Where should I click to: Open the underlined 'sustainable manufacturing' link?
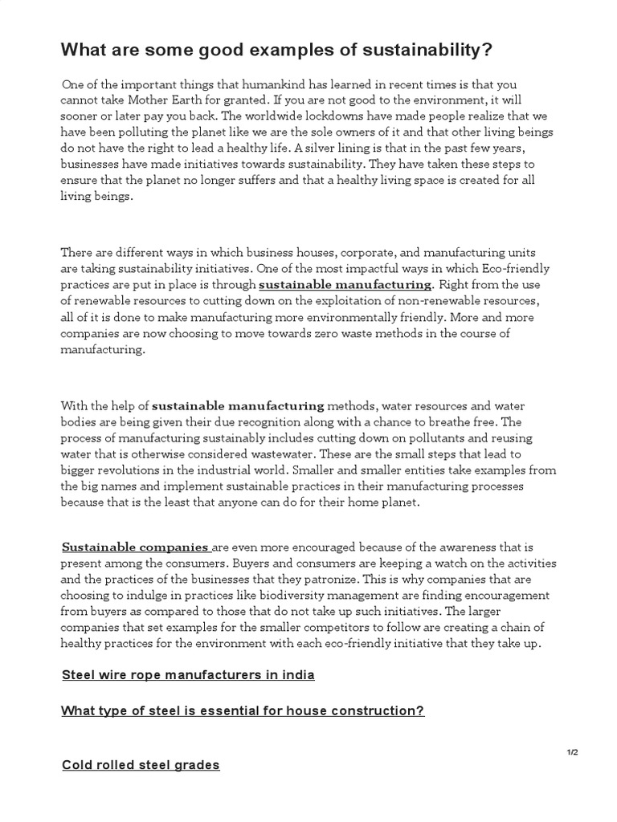coord(345,284)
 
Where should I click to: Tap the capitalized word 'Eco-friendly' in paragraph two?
coord(514,267)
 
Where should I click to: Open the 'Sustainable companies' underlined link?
coord(136,547)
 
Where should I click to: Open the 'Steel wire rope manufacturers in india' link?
coord(188,674)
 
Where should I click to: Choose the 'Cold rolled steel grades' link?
coord(141,765)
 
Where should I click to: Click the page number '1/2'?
coord(572,751)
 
